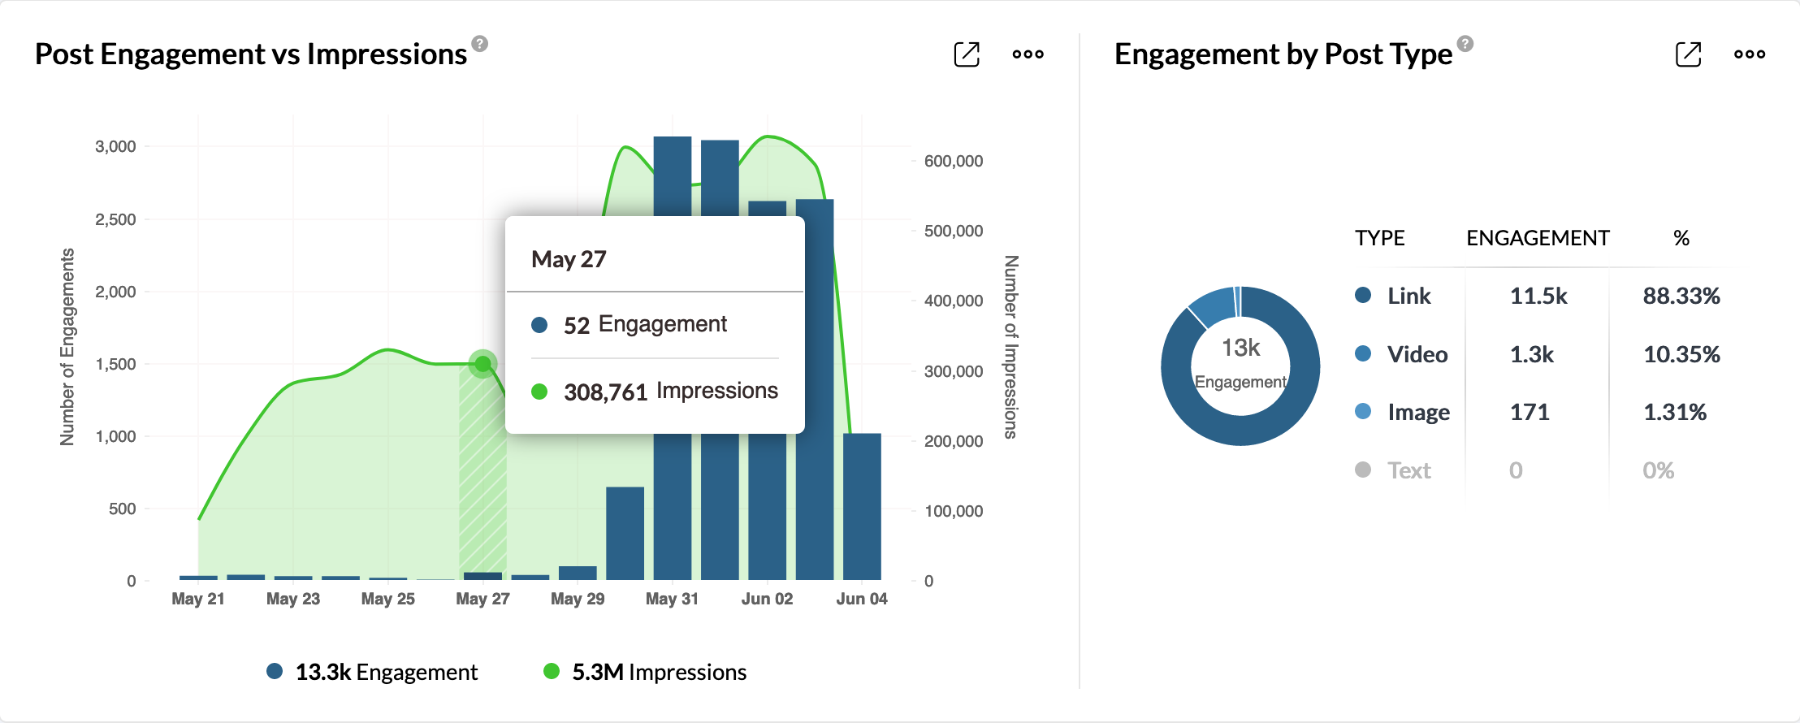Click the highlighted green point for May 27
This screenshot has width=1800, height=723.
coord(483,363)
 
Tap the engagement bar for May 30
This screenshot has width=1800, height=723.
coord(625,533)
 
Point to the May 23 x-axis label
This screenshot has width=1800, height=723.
coord(293,599)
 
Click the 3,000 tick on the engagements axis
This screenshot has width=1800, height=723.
coord(115,146)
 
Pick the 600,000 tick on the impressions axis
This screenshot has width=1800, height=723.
coord(954,161)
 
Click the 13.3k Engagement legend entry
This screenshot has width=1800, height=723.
coord(373,672)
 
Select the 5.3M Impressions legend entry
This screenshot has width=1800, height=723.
coord(645,672)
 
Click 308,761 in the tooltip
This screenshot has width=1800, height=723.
coord(605,392)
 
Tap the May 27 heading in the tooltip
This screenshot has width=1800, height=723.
coord(569,259)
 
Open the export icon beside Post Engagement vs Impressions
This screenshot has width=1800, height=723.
coord(967,54)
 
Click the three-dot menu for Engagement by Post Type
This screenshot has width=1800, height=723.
coord(1749,54)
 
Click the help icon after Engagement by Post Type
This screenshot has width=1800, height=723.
coord(1465,43)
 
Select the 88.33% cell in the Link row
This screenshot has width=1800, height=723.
coord(1681,296)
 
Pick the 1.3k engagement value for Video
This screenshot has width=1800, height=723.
coord(1531,354)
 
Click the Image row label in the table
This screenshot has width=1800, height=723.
coord(1418,412)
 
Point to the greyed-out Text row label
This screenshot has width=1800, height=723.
coord(1409,470)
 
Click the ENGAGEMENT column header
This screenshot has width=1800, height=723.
coord(1538,238)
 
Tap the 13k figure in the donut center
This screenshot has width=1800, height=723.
coord(1240,348)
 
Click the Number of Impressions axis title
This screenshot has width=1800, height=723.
coord(1010,347)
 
